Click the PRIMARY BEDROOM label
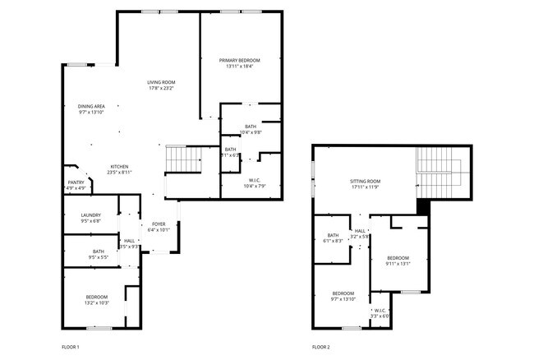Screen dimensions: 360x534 point(239,60)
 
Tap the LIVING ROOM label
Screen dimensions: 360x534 point(161,82)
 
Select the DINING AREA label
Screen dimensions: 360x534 point(91,106)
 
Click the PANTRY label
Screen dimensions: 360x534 point(75,183)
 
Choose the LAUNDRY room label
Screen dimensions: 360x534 point(90,215)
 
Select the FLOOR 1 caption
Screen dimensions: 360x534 point(71,347)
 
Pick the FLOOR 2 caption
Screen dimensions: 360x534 point(320,347)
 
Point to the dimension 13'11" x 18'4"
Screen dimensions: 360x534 point(239,66)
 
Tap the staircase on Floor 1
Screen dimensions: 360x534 point(182,158)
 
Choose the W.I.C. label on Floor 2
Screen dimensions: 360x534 point(380,311)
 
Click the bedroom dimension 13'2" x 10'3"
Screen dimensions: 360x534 point(97,302)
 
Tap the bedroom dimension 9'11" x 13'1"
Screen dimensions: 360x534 point(398,263)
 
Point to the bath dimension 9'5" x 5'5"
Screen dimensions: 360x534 point(98,257)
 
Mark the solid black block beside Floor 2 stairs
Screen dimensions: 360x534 point(423,206)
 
